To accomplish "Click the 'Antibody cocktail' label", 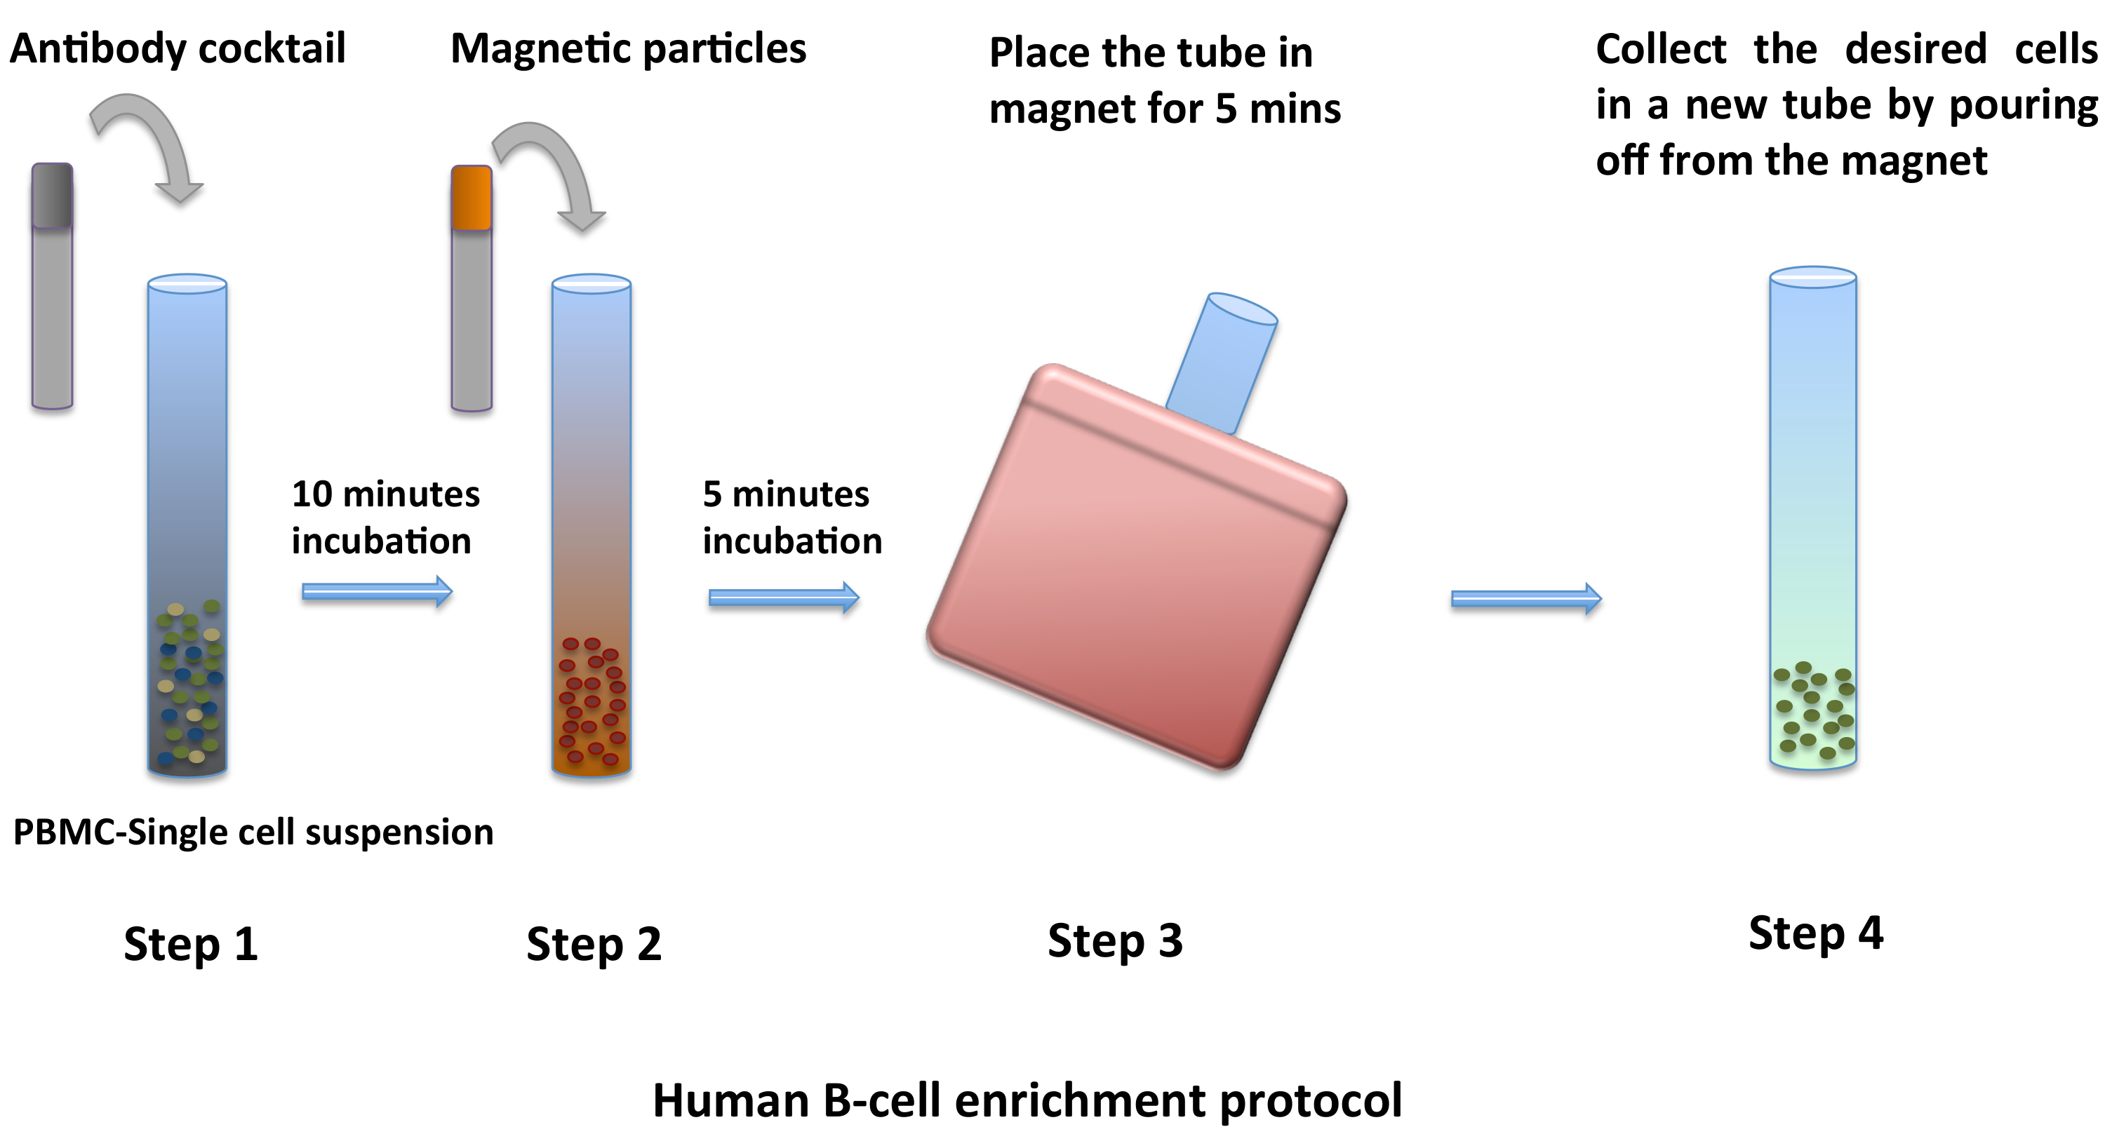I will point(178,48).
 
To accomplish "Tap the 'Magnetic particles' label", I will point(627,48).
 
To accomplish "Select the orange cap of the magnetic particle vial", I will point(472,198).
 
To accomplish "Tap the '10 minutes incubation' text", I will point(385,517).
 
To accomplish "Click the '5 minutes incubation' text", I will point(791,517).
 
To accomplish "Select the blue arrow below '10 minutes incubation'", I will point(377,591).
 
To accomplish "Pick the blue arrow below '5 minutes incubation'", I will point(783,598).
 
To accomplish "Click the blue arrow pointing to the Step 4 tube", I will point(1525,600).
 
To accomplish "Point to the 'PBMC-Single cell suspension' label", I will point(253,832).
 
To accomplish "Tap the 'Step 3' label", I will point(1115,940).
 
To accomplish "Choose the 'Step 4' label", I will point(1815,932).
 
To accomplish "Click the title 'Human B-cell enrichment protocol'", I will point(1027,1100).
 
